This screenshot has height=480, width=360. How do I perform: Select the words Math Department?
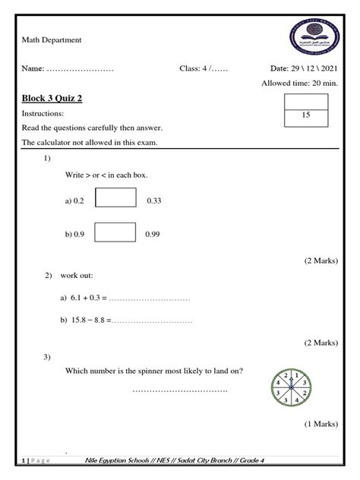click(x=52, y=39)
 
